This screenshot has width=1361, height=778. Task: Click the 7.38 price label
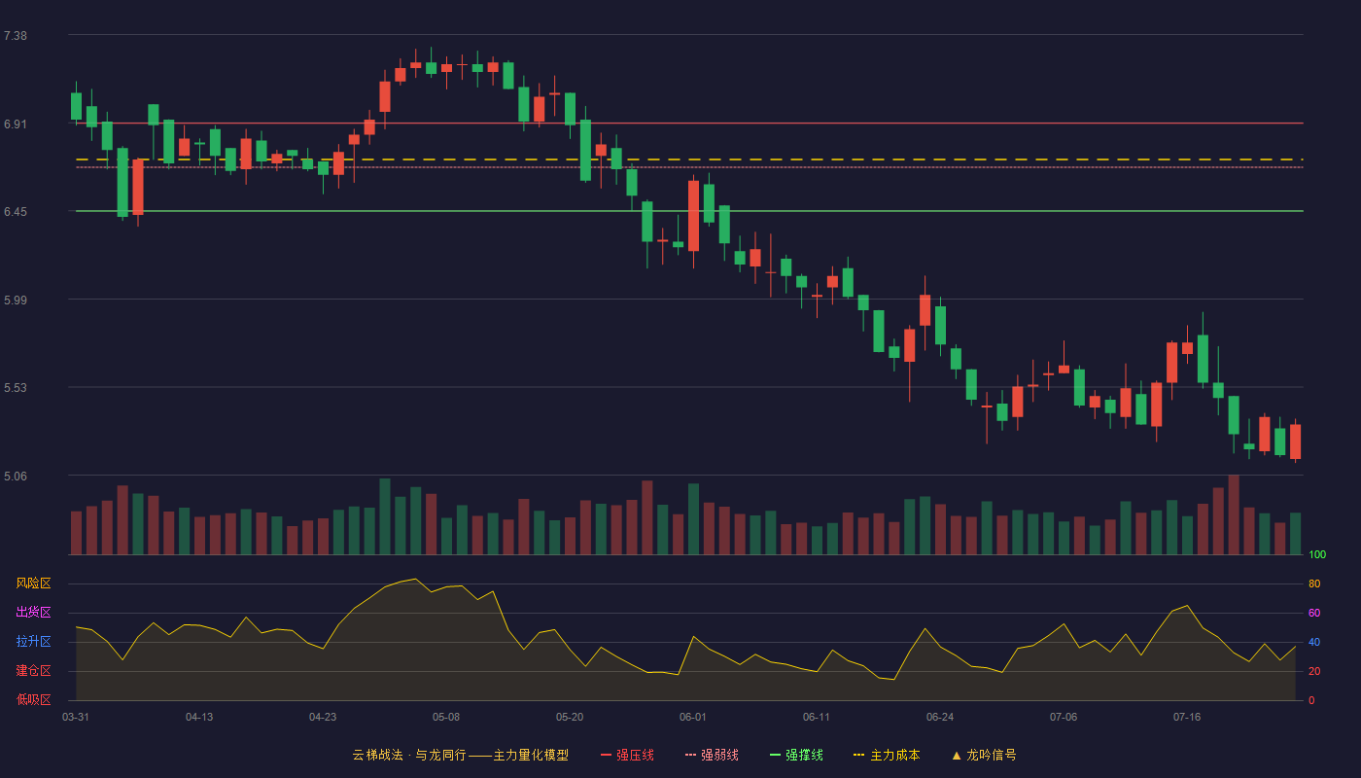16,36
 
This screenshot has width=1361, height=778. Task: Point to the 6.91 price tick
16,124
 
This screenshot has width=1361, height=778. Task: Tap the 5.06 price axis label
16,476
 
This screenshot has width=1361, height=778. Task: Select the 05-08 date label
446,718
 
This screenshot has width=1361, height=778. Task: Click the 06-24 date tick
940,718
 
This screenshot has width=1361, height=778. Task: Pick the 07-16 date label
1187,718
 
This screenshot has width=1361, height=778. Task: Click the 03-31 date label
76,718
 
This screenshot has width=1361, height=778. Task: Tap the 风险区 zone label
33,583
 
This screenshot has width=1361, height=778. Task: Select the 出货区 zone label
33,612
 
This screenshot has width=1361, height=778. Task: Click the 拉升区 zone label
33,641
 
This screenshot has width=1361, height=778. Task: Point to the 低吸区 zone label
33,699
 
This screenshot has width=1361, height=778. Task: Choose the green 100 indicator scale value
1317,554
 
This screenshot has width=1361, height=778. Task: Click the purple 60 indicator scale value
1314,613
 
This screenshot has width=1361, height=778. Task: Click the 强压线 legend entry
627,755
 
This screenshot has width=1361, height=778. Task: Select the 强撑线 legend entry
796,755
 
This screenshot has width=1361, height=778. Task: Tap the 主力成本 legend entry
887,755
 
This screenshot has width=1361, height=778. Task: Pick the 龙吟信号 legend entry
984,755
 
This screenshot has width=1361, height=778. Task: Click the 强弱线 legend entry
712,755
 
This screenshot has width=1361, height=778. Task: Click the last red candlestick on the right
1295,442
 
